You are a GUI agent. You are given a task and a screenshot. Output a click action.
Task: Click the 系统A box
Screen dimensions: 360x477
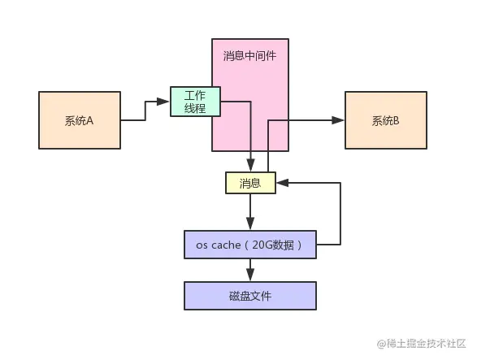(79, 120)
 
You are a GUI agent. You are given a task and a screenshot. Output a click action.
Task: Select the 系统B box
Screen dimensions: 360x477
(386, 120)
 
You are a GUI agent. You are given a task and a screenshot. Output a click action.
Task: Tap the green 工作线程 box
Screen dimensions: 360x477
(195, 102)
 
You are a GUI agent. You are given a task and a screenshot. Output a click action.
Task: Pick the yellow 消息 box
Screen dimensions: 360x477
(250, 183)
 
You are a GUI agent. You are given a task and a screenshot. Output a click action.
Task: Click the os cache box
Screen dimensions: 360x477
(249, 244)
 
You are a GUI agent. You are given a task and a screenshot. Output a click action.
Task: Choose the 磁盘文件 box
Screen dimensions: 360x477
(249, 296)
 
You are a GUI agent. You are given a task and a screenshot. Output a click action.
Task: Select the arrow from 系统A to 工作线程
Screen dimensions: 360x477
(145, 111)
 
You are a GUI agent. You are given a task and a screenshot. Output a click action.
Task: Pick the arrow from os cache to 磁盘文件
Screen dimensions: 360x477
(249, 270)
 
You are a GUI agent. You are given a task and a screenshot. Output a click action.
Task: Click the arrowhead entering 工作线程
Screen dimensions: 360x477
(165, 102)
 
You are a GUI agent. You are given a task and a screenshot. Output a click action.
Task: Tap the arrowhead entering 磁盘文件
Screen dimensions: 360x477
(249, 277)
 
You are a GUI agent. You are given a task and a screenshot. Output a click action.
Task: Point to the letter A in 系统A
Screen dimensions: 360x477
(90, 120)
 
